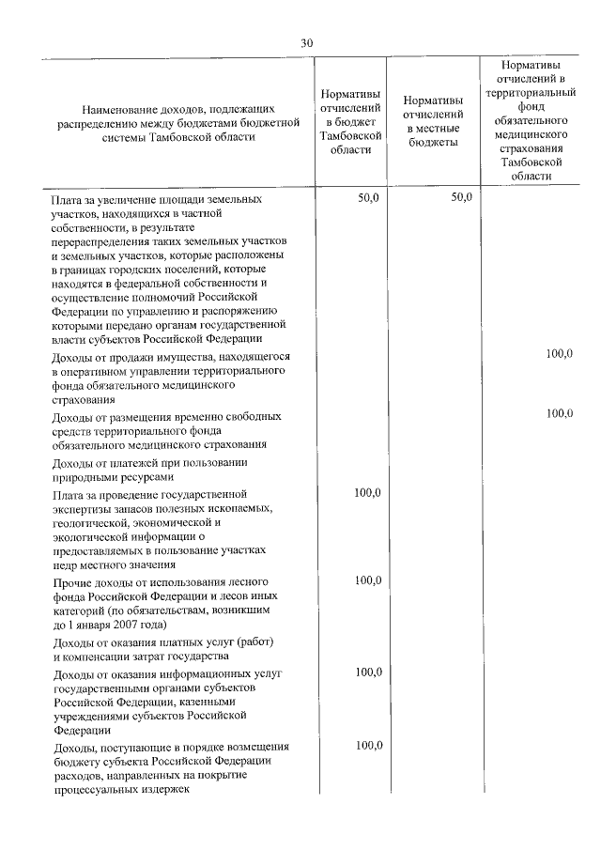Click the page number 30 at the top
(x=306, y=43)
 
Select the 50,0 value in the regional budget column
(x=368, y=198)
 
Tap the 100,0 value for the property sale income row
(x=560, y=354)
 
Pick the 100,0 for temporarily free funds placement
(x=560, y=414)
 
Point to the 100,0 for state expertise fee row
(x=368, y=493)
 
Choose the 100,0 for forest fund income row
(x=368, y=581)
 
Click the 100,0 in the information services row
(x=368, y=672)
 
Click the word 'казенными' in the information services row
(x=207, y=702)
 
